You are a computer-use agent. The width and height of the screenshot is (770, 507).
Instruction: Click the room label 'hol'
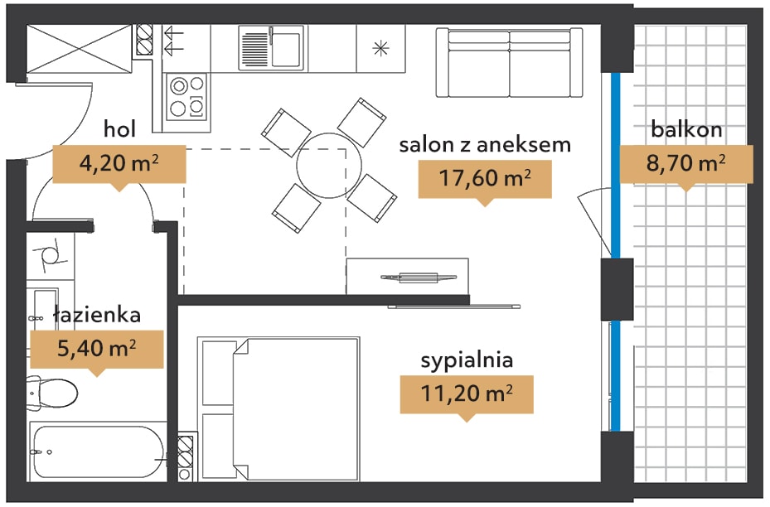coord(119,129)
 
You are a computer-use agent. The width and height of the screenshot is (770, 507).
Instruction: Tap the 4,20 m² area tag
coord(119,165)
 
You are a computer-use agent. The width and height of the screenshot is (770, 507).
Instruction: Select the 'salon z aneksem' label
coord(485,145)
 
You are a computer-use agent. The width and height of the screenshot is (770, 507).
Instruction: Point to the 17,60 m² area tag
coord(485,180)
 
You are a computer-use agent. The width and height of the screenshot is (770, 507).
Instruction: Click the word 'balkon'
coord(686,129)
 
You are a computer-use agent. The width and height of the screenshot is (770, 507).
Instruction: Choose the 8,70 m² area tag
coord(686,164)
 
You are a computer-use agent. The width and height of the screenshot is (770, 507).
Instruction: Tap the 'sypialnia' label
coord(467,360)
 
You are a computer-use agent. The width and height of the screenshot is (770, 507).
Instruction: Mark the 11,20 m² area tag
coord(467,395)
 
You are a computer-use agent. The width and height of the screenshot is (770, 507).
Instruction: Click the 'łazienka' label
coord(97,315)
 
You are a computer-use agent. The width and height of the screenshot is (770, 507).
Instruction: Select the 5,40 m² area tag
coord(97,350)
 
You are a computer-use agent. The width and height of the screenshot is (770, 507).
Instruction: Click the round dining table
coord(329,166)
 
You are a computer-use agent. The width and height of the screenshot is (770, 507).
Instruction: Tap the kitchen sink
coord(271,47)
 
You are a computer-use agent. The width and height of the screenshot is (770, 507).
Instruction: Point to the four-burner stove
coord(187,97)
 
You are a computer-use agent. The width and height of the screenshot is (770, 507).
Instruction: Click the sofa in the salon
coord(510,62)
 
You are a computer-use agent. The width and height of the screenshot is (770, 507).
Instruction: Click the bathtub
coord(97,451)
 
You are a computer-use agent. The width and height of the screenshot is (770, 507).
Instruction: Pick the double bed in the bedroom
coord(278,408)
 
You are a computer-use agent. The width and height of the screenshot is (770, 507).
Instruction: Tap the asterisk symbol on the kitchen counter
coord(380,48)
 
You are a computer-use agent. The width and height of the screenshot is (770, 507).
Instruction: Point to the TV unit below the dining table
coord(408,277)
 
